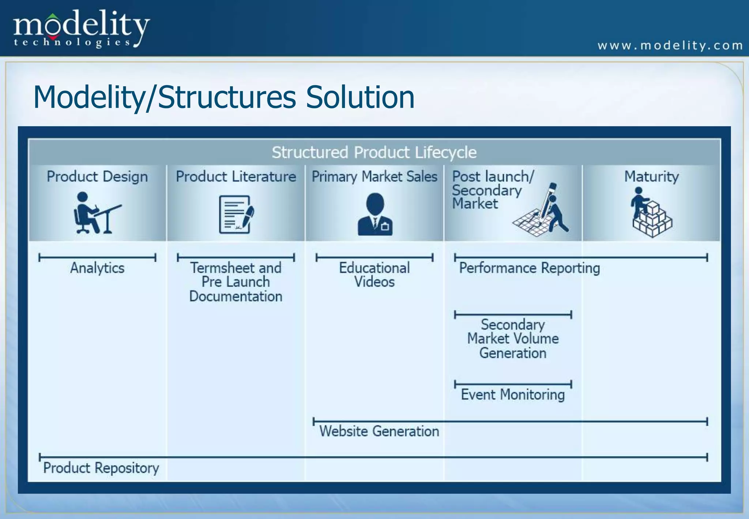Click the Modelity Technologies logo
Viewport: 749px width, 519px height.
click(x=81, y=29)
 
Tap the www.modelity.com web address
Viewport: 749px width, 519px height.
click(x=670, y=46)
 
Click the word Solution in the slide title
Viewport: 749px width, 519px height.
click(x=360, y=97)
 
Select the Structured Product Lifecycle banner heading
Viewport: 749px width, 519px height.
click(x=374, y=153)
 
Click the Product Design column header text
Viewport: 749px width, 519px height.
click(x=97, y=177)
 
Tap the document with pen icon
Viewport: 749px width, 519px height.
click(x=236, y=214)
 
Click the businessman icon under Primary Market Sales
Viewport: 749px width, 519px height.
click(x=375, y=214)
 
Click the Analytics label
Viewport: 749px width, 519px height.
click(x=97, y=268)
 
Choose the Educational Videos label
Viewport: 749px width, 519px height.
click(x=374, y=275)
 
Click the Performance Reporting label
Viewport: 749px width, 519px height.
click(x=529, y=268)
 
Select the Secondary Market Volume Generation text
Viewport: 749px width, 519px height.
click(x=513, y=339)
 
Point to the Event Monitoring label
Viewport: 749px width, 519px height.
click(x=513, y=395)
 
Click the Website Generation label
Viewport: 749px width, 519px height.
click(x=379, y=431)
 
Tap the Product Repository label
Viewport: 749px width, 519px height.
click(x=101, y=468)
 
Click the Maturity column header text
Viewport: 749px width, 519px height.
click(x=651, y=177)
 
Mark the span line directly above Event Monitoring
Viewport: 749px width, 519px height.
click(x=513, y=384)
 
